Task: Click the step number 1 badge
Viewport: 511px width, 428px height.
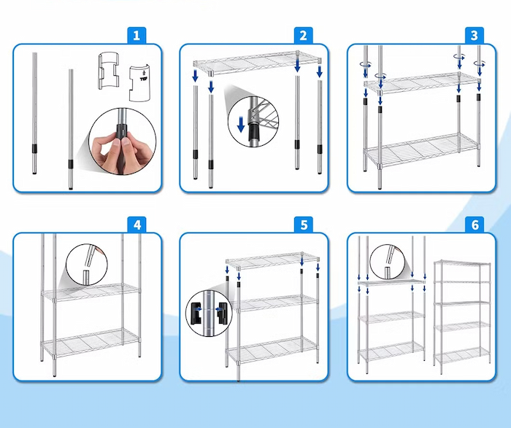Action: click(137, 35)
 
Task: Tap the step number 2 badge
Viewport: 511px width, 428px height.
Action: click(304, 35)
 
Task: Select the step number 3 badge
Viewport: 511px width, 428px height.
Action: click(474, 35)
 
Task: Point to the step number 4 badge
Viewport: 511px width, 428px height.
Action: click(137, 225)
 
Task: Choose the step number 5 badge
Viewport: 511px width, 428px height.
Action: click(304, 225)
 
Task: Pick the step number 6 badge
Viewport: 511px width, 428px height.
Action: click(474, 225)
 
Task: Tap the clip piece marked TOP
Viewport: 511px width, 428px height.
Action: click(140, 83)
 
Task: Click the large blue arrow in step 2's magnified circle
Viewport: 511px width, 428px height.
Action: click(241, 125)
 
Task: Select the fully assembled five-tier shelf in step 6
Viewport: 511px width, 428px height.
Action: click(462, 316)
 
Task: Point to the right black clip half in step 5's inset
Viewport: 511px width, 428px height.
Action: click(221, 314)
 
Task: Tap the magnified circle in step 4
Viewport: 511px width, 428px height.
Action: click(87, 265)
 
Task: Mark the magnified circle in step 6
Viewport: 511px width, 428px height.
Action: click(388, 262)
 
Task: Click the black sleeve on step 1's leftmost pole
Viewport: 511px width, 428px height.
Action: click(34, 149)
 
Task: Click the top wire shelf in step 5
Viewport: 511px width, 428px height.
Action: click(272, 261)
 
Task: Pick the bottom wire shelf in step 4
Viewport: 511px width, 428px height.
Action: click(91, 343)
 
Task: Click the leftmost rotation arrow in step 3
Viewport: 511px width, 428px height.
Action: click(366, 64)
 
